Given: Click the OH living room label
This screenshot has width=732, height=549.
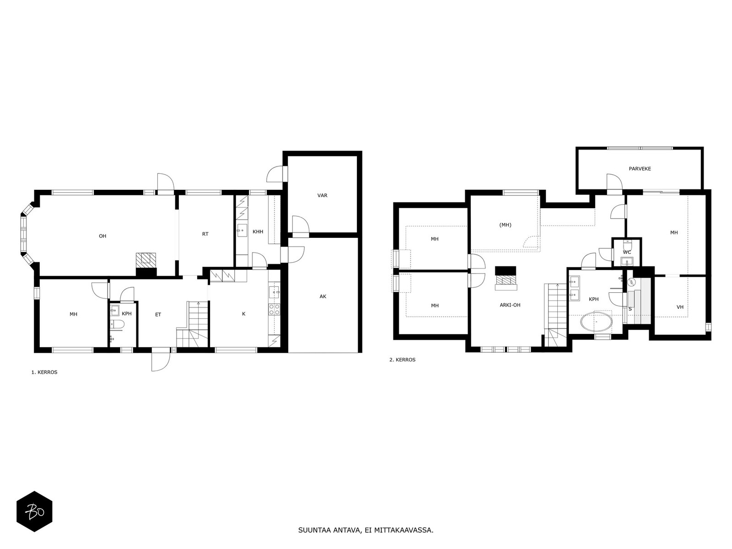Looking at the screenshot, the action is coord(102,236).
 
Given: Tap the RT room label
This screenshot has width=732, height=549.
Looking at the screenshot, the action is coord(205,234).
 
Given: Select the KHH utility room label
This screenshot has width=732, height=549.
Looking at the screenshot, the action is coord(258,231).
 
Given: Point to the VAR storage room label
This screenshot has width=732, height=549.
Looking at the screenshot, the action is coord(322,195).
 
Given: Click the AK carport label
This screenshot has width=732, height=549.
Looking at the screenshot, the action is coord(323,296).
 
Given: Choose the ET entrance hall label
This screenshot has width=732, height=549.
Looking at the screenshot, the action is coord(158,314).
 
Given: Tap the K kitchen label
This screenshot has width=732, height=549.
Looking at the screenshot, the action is coord(244,314).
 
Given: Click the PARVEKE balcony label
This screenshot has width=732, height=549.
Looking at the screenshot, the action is coord(640,169).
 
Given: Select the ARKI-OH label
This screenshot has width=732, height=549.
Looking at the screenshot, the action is coord(510,305).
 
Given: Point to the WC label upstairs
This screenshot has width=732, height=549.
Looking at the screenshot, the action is coord(627,253).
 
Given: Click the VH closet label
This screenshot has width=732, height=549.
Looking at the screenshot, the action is coord(680,307).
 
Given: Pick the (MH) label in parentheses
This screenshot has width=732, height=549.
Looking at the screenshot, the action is coord(505,225).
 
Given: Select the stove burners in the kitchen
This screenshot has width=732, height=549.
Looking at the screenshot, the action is coord(274,309).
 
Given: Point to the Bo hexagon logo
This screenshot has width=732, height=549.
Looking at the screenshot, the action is coord(34,511).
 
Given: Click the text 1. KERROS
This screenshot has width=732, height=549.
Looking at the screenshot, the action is coord(44,372).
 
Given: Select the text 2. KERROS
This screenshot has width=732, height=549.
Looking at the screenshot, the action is coord(402,360).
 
